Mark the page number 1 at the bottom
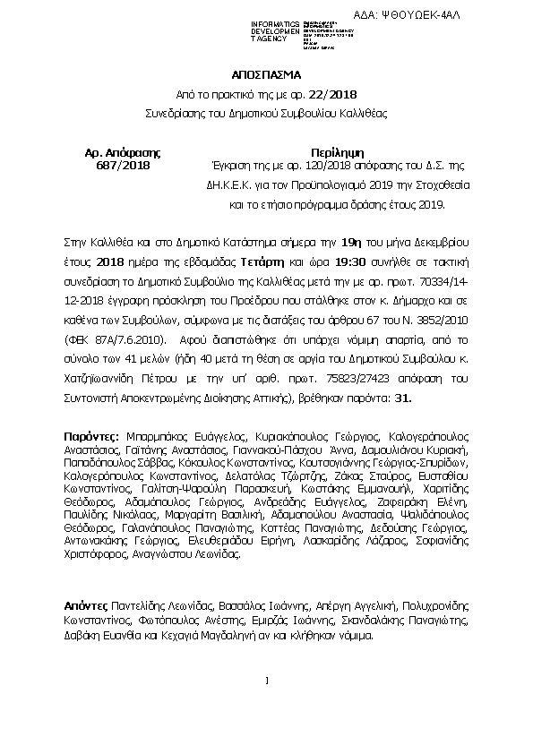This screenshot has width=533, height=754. (x=267, y=682)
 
